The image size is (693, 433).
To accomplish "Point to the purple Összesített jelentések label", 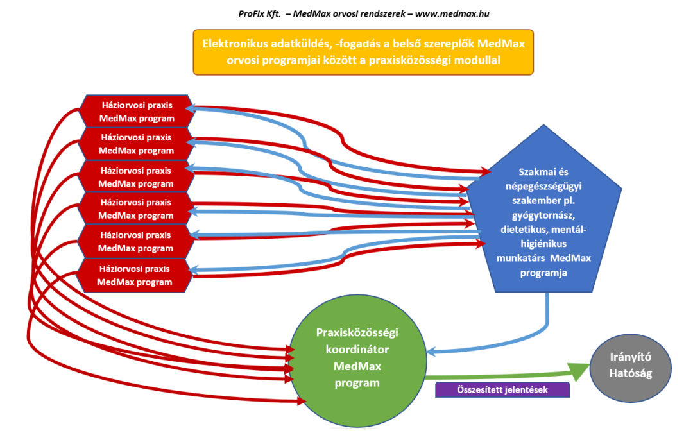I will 502,389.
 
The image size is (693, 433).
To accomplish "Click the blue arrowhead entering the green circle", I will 431,351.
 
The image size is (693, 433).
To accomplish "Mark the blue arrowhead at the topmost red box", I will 198,110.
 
